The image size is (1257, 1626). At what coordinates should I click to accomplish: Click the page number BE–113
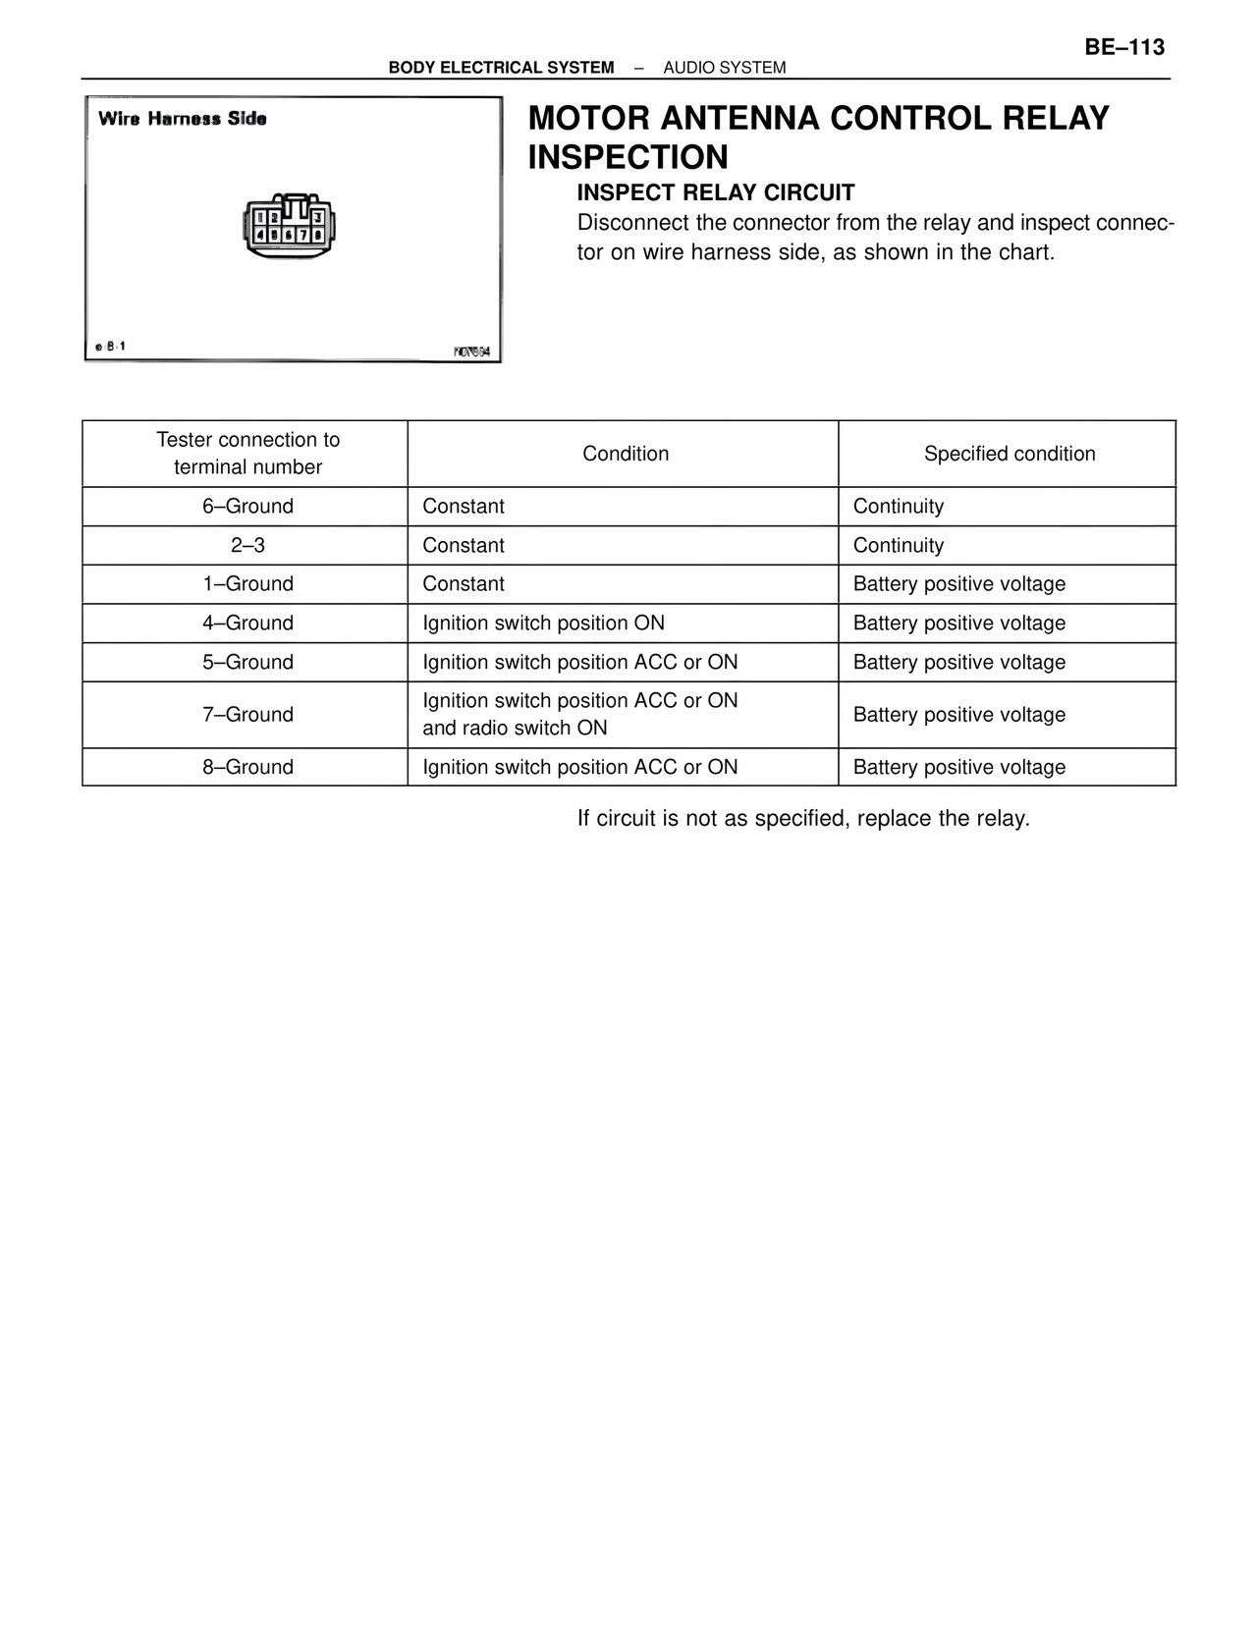(x=1124, y=47)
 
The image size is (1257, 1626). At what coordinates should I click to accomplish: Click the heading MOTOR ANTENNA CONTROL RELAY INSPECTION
(x=818, y=137)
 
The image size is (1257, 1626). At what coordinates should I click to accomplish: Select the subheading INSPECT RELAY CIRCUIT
(x=715, y=192)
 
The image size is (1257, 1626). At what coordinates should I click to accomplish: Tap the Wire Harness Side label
(x=182, y=119)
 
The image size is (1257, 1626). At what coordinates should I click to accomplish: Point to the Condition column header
(x=625, y=454)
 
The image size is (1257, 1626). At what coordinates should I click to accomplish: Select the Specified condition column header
(x=1009, y=454)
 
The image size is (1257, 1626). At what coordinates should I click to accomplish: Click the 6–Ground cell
(x=247, y=507)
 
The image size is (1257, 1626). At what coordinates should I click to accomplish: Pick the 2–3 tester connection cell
(x=247, y=546)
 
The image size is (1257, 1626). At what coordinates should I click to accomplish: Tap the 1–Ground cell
(x=247, y=584)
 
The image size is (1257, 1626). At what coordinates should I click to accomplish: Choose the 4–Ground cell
(x=247, y=623)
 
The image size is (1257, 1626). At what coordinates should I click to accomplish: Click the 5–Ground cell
(x=247, y=663)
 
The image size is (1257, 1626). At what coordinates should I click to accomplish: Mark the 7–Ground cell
(x=247, y=715)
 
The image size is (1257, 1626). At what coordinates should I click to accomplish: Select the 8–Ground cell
(x=247, y=767)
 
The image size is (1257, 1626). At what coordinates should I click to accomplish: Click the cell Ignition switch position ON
(x=543, y=623)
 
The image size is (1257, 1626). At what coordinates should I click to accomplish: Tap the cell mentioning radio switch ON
(x=579, y=715)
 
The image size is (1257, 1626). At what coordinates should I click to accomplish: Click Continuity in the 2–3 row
(x=898, y=546)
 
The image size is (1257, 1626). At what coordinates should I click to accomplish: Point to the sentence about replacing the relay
(x=803, y=819)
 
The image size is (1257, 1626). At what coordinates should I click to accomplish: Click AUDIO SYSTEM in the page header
(x=724, y=68)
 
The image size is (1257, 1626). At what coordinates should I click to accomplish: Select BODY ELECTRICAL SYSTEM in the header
(x=501, y=68)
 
